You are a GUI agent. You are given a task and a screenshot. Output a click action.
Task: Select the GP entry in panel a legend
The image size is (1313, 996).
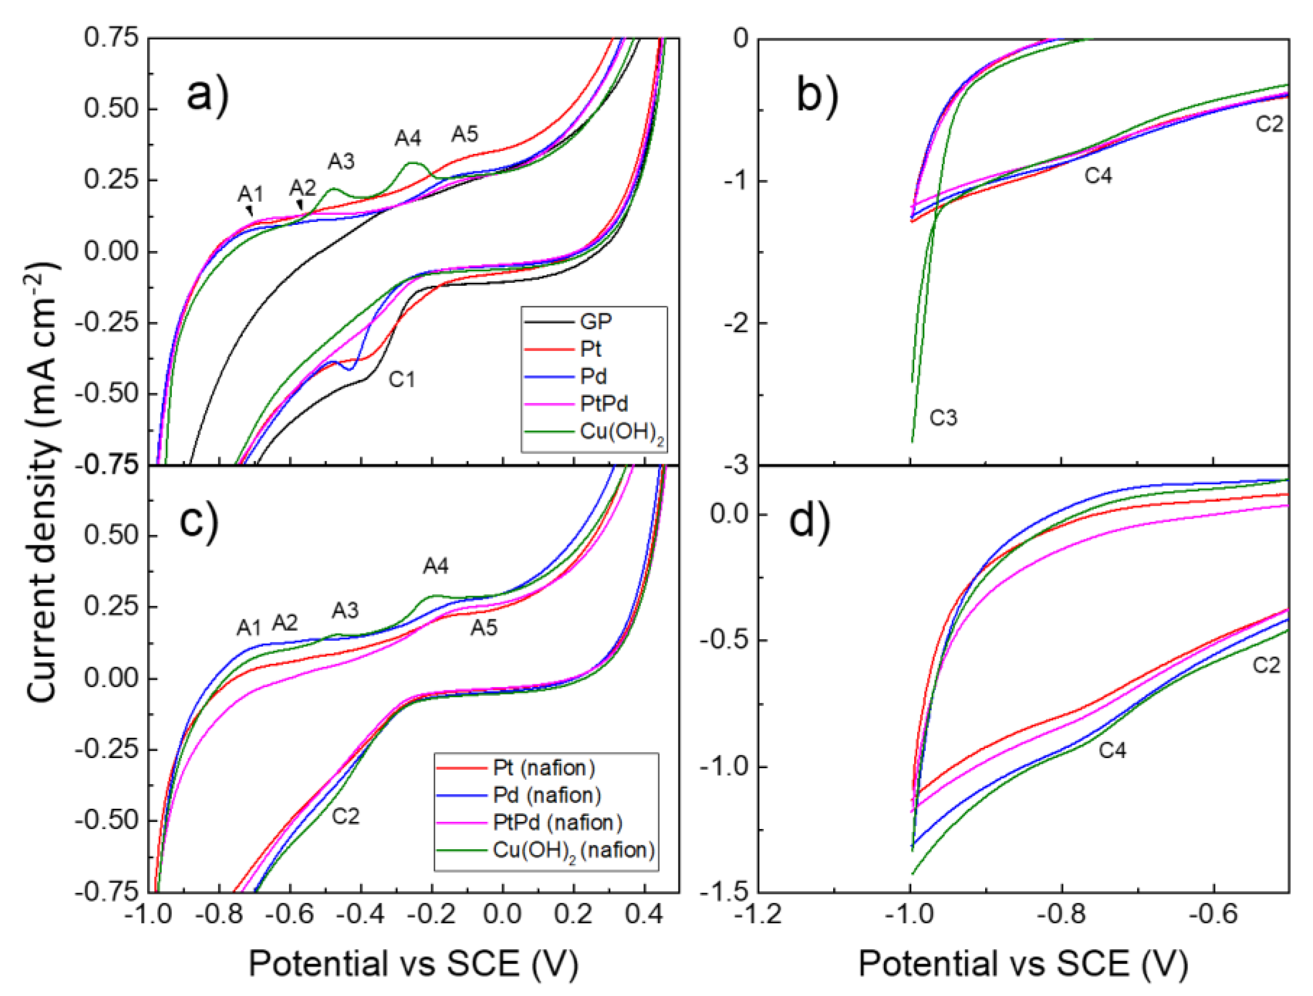tap(596, 322)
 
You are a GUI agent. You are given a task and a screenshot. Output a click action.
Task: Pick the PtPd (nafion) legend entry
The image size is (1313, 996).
tap(557, 823)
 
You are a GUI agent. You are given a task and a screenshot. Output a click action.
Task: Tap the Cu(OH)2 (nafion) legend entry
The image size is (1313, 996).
tap(573, 850)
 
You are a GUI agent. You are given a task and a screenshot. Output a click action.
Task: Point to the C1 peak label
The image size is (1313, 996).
tap(402, 379)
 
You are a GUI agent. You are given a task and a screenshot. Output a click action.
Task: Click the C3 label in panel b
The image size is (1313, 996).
tap(943, 418)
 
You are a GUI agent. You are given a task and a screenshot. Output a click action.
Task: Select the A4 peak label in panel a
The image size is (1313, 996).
tap(408, 138)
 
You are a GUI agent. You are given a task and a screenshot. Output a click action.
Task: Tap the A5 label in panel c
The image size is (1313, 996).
tap(484, 628)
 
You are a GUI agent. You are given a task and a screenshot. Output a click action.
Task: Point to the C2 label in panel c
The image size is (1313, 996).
tap(345, 816)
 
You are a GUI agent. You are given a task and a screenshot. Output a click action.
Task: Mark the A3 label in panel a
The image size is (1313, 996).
tap(341, 161)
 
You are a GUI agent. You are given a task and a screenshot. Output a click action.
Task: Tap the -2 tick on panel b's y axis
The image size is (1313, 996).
tap(737, 323)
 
